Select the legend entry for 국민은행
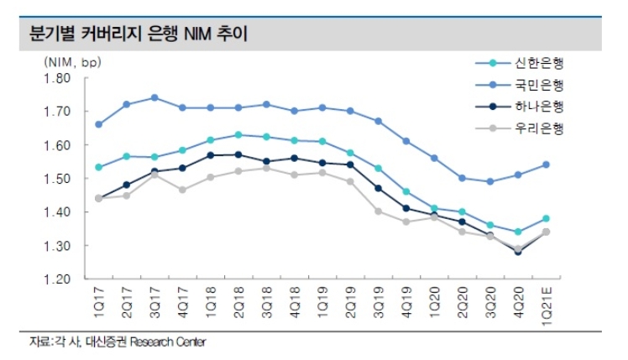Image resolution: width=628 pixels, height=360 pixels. click(x=540, y=85)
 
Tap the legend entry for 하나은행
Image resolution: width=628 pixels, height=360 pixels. click(x=540, y=107)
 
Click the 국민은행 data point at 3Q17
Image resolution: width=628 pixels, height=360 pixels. click(x=154, y=97)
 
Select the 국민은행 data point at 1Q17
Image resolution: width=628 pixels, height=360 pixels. click(x=98, y=124)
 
